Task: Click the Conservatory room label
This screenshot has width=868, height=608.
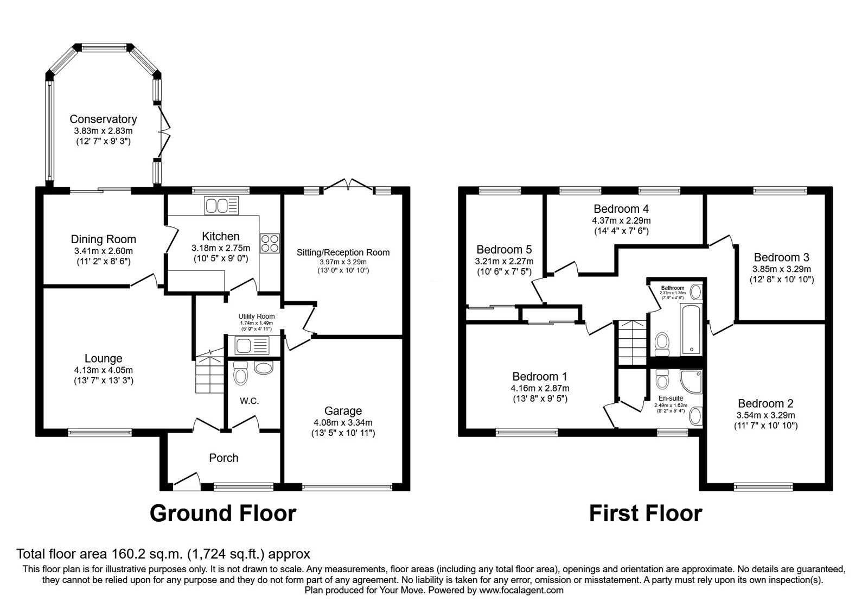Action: point(103,119)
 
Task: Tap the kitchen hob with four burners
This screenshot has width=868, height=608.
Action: point(270,243)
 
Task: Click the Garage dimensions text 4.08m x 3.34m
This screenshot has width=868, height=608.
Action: point(343,422)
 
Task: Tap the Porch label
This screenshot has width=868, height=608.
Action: point(224,458)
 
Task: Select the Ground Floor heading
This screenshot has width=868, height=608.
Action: point(223,513)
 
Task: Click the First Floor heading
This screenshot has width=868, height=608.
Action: point(646,513)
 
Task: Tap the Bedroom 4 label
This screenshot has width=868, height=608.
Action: point(621,209)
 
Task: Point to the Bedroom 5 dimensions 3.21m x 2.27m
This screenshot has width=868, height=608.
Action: point(504,261)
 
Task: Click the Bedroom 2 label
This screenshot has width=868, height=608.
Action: point(765,403)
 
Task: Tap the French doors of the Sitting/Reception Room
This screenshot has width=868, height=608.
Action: point(349,185)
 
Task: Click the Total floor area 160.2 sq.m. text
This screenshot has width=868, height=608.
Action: point(163,554)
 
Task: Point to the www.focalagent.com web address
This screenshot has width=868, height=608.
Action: point(521,590)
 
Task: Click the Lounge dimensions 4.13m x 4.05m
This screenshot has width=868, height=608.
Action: point(104,370)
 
